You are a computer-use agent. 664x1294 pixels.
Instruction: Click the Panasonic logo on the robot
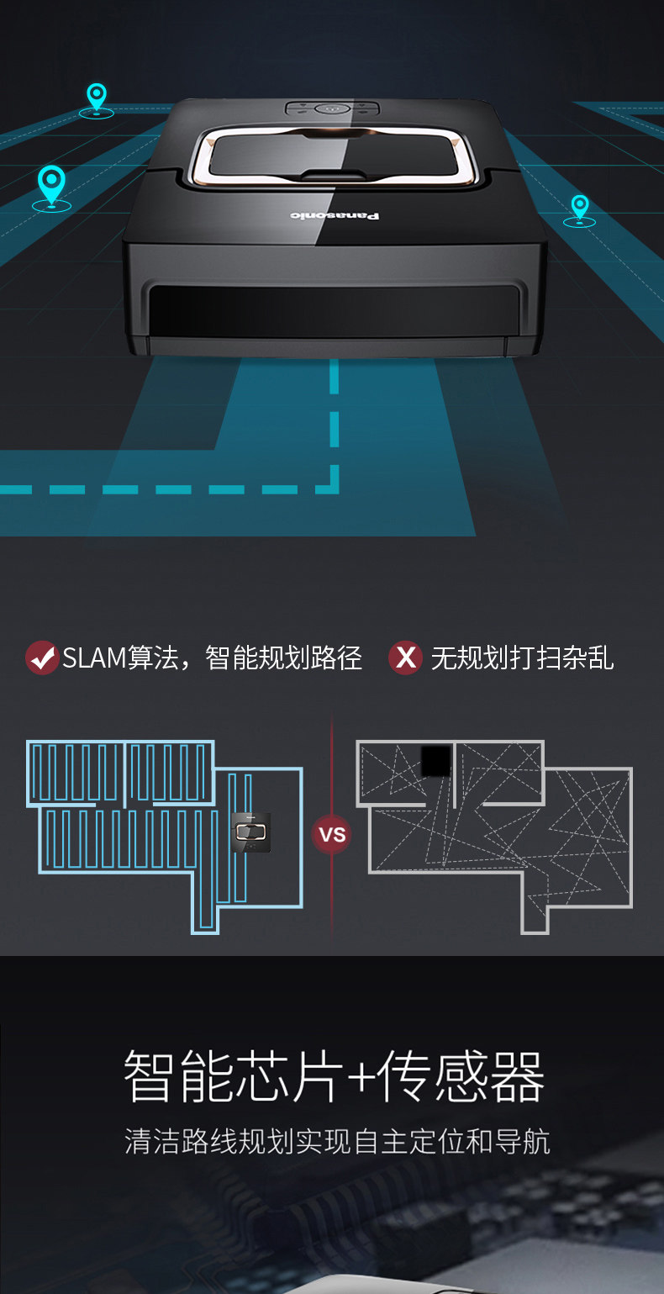click(335, 216)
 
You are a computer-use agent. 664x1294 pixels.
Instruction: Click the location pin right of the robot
click(579, 208)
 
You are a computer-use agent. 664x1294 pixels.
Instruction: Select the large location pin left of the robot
click(51, 186)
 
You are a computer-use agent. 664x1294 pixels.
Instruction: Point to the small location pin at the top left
click(97, 98)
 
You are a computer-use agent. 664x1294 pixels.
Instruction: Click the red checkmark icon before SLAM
click(41, 658)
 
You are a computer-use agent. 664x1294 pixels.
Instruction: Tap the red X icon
click(405, 658)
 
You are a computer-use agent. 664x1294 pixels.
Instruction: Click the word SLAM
click(94, 658)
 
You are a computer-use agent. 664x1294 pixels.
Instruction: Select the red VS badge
click(333, 835)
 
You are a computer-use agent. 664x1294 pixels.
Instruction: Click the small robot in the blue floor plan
click(251, 833)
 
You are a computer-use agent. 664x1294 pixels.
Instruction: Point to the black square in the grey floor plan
click(435, 761)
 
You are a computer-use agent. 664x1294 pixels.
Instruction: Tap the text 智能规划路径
click(283, 658)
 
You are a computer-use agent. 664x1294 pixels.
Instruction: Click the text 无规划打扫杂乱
click(522, 658)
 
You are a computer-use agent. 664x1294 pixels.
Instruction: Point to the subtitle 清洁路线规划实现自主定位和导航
click(337, 1142)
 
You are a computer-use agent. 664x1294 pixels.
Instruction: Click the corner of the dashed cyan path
click(334, 489)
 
